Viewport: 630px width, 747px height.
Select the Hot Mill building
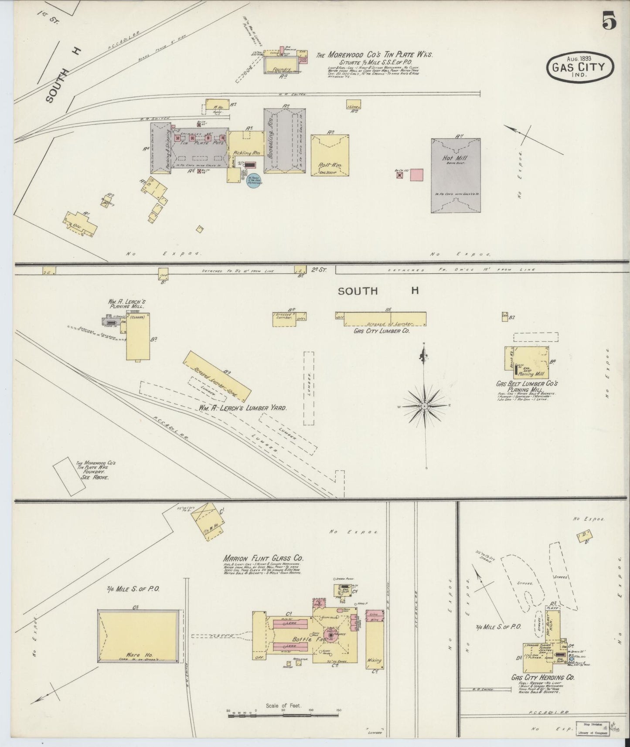(x=456, y=176)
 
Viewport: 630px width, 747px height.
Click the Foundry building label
(x=281, y=68)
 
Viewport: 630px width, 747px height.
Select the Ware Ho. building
(x=139, y=636)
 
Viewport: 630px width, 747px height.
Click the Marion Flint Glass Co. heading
(x=263, y=558)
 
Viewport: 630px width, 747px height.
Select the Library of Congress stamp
(x=593, y=728)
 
